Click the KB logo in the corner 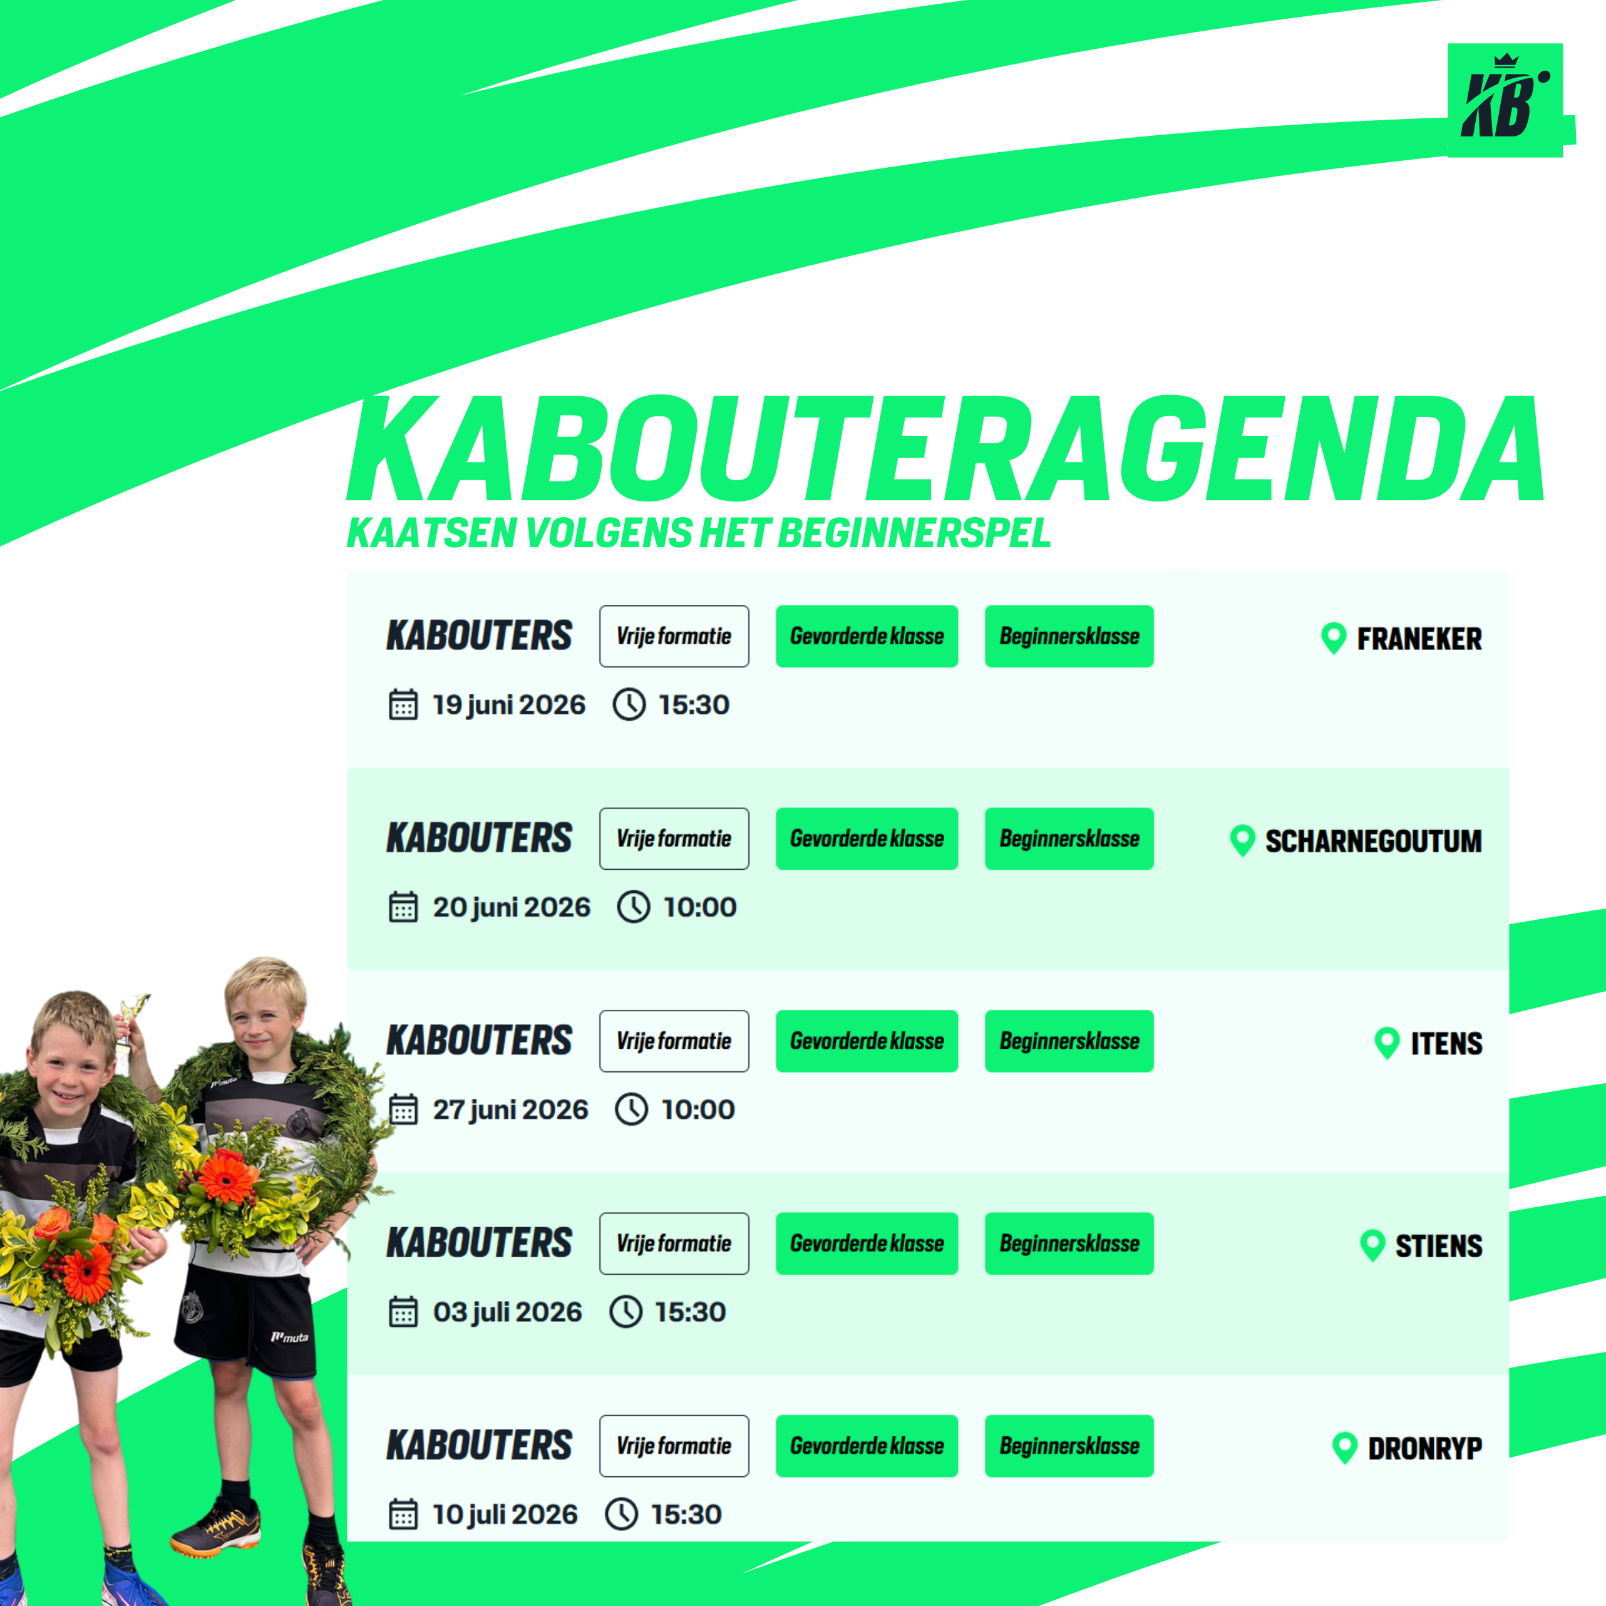click(1505, 100)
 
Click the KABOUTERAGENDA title click(946, 450)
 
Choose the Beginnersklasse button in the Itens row click(1069, 1041)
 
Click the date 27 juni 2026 click(510, 1109)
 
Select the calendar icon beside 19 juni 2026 click(403, 705)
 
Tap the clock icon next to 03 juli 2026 click(626, 1312)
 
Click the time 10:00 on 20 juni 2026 click(700, 907)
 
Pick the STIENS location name click(1439, 1246)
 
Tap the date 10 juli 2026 click(505, 1515)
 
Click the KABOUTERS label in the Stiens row click(479, 1243)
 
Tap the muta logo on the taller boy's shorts click(289, 1337)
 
